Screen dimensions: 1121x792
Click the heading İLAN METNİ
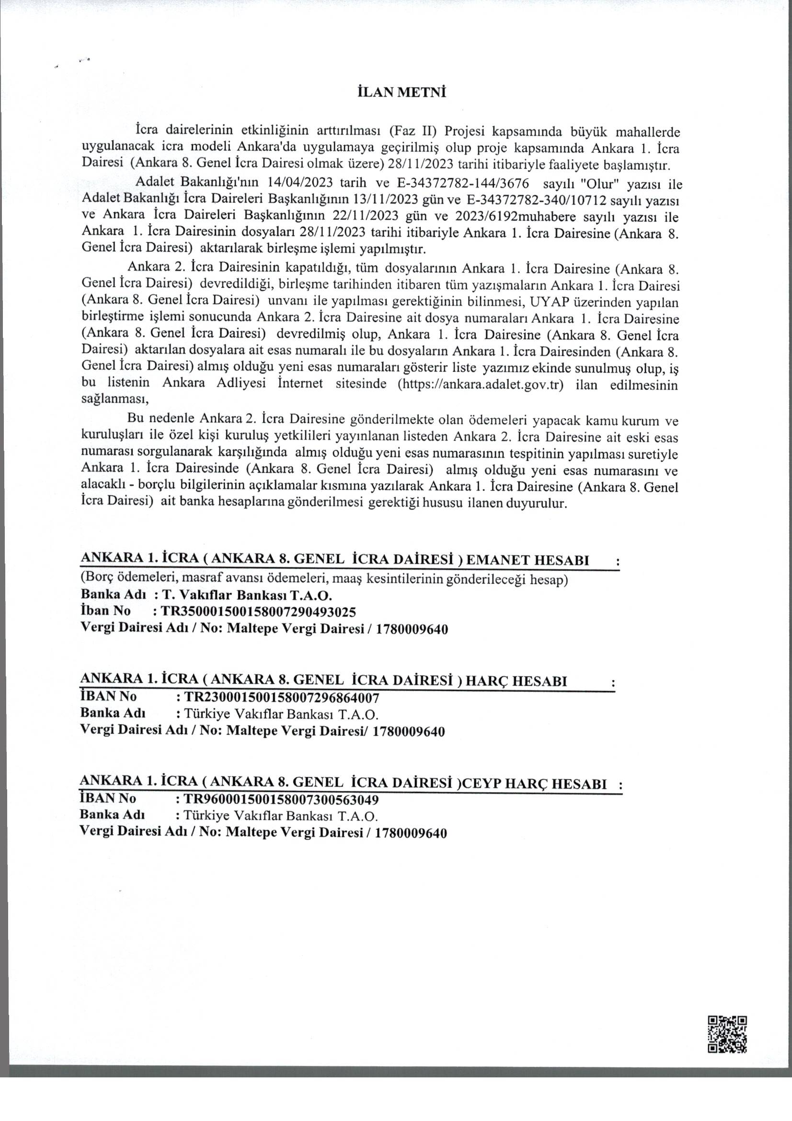402,93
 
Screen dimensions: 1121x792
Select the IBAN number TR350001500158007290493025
258,612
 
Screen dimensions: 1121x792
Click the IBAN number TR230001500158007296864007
281,697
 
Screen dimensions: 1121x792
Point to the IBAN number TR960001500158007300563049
281,799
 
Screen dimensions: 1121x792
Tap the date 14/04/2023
300,184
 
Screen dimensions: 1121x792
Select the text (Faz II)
413,132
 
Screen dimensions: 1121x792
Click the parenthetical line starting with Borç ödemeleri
324,580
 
